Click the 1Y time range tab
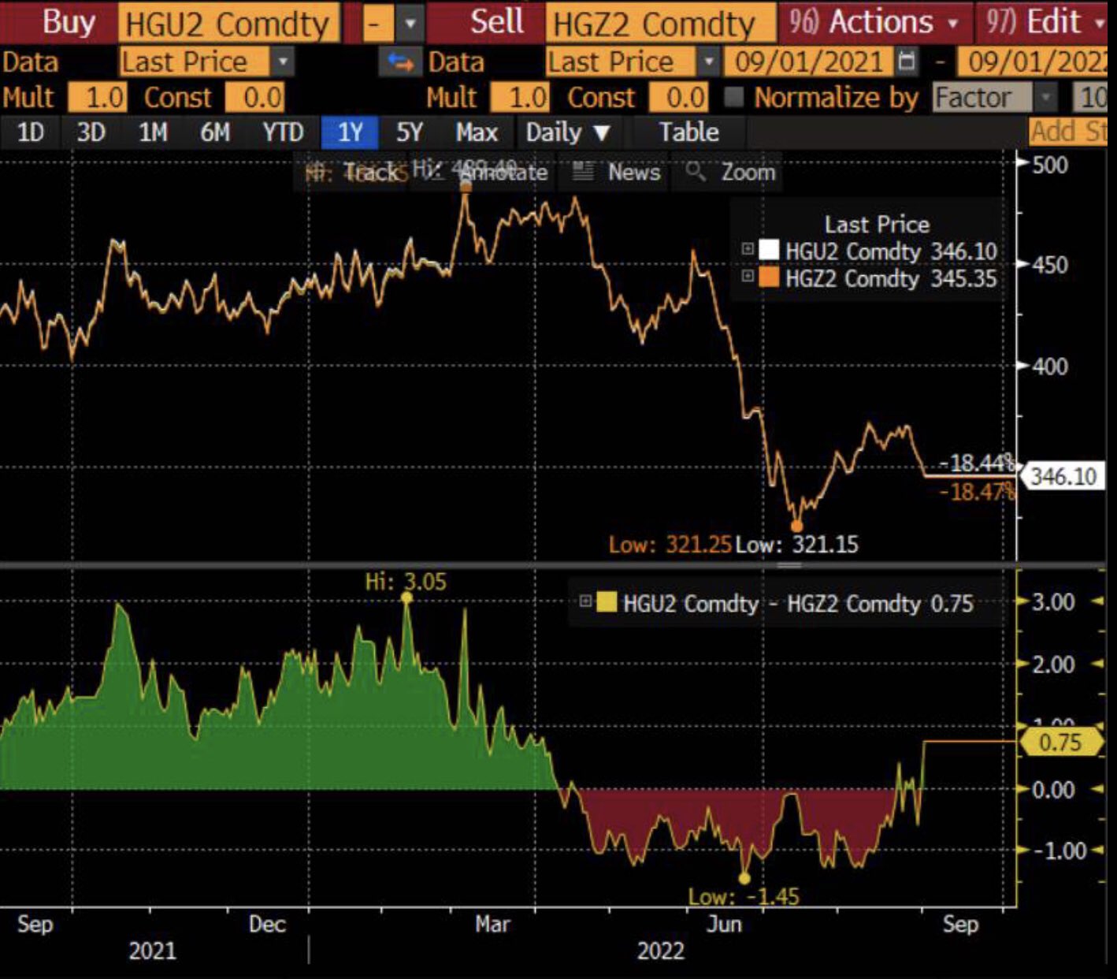(349, 132)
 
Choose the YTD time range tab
(283, 132)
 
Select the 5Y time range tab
(409, 132)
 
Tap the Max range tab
(477, 132)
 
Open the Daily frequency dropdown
(567, 132)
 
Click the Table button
(688, 132)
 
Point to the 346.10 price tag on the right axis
(1062, 476)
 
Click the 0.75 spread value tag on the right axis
(1060, 743)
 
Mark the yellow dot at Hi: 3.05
(406, 598)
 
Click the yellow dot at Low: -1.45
(744, 878)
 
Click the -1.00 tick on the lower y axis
(1052, 851)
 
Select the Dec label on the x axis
(266, 924)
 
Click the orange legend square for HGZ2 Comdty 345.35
(768, 277)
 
